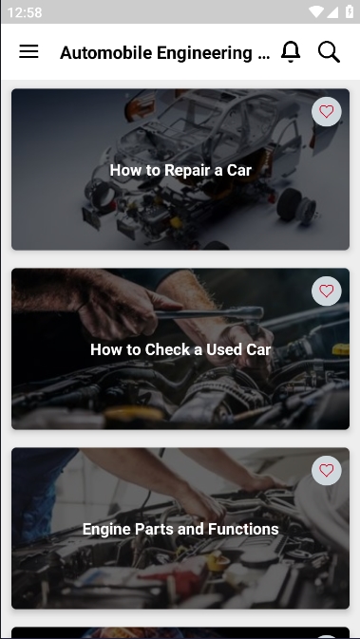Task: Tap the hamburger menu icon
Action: pos(28,52)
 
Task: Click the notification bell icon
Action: pos(291,52)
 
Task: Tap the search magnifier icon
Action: pos(329,52)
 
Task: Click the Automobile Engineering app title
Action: pos(164,53)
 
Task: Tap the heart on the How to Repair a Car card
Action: pos(326,111)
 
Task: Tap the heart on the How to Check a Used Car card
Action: pos(326,291)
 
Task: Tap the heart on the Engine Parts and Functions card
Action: pos(326,470)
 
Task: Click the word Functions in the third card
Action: pos(243,529)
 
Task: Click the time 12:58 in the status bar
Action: pos(25,12)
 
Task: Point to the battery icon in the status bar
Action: pos(350,11)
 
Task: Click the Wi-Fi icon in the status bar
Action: pos(316,11)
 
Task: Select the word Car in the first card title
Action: pos(239,170)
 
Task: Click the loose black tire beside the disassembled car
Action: pos(289,204)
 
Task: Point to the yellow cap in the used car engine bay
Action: pos(341,349)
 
